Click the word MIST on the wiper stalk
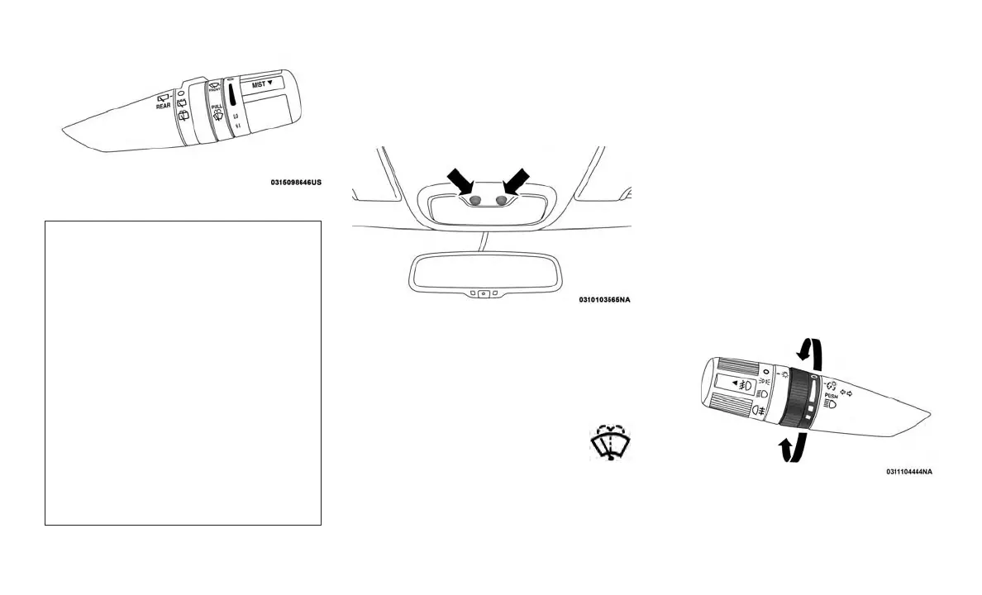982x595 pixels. (264, 83)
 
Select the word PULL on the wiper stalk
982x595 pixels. (217, 107)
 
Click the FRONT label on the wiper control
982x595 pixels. (214, 88)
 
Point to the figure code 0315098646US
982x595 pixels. (295, 182)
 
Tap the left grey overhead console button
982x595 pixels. (475, 201)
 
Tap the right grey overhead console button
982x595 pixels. (500, 201)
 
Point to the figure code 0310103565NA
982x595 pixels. (610, 300)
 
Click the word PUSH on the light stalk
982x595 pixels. (831, 396)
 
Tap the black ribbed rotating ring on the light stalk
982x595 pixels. (799, 400)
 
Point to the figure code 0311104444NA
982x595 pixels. (909, 472)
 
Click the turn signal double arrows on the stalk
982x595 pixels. (847, 391)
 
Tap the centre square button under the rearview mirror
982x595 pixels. (484, 293)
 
